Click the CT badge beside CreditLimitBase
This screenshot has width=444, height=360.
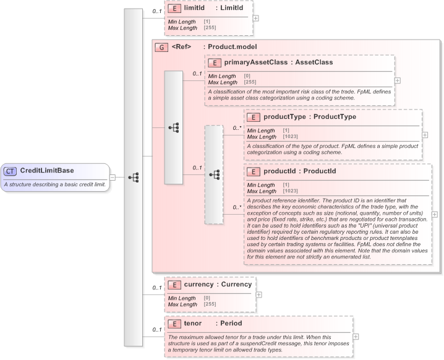11,171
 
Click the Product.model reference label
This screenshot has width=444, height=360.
232,47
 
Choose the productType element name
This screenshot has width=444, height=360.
284,116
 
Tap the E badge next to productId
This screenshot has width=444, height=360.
252,171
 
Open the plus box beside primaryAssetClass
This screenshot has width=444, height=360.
398,80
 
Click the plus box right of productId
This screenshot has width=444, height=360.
434,214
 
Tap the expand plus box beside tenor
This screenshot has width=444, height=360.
356,336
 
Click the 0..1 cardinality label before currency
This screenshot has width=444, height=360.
158,288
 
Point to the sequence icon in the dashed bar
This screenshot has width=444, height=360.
214,175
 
